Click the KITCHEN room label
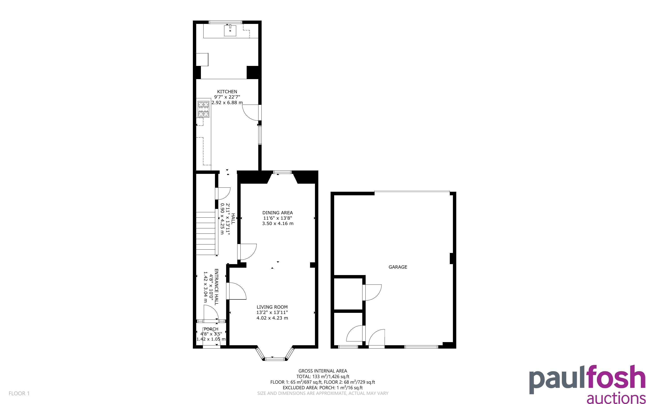coord(227,92)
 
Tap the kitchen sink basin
coord(230,30)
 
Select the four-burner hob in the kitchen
coord(203,109)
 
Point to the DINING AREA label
coord(277,213)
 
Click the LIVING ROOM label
coord(272,307)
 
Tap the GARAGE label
coord(398,267)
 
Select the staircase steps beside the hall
coord(206,233)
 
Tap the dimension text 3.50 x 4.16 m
coord(277,223)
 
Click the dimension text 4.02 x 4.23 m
coord(272,318)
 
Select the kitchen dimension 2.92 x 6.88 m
coord(227,103)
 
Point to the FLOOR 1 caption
coord(19,393)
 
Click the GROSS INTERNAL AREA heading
coord(323,371)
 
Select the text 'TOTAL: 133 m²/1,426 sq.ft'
coord(323,377)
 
